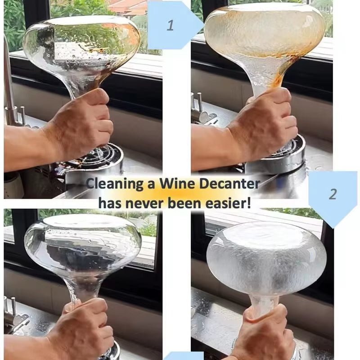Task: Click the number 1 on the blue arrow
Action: coord(170,26)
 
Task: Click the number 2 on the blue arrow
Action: coord(333,194)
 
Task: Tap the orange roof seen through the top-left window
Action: coord(126,7)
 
